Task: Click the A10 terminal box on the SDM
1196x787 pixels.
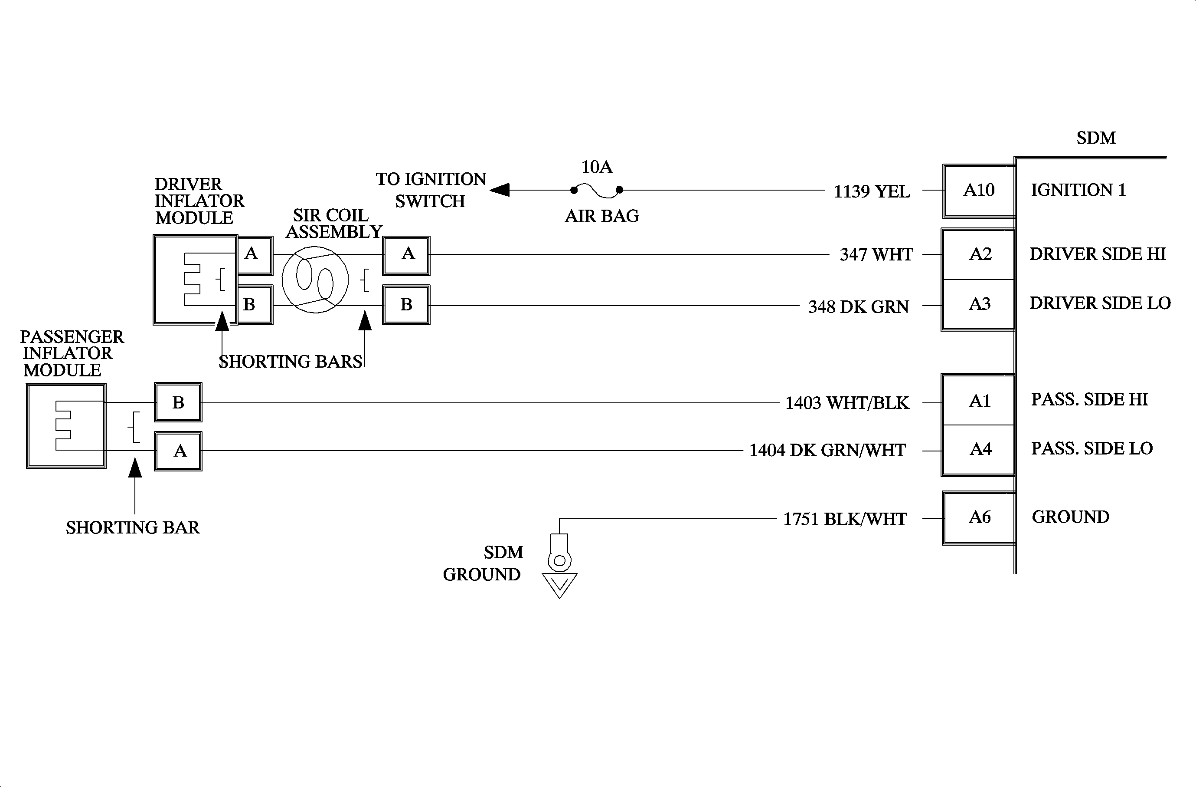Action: (x=978, y=191)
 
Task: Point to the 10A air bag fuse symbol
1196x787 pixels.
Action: (x=597, y=190)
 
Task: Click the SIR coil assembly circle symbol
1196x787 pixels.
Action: (x=315, y=280)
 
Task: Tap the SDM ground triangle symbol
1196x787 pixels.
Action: (x=559, y=585)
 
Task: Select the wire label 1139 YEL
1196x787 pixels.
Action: (x=871, y=191)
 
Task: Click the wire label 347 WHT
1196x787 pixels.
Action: (x=876, y=255)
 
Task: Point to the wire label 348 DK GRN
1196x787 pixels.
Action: (x=858, y=307)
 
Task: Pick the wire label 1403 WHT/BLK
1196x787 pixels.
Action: (x=847, y=403)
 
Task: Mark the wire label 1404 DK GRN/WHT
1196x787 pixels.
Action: (x=827, y=451)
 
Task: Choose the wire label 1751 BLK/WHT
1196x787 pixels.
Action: (x=845, y=520)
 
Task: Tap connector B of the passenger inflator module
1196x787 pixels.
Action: (x=178, y=402)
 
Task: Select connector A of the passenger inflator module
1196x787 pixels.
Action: (x=178, y=451)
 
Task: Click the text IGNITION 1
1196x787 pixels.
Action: (x=1078, y=190)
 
